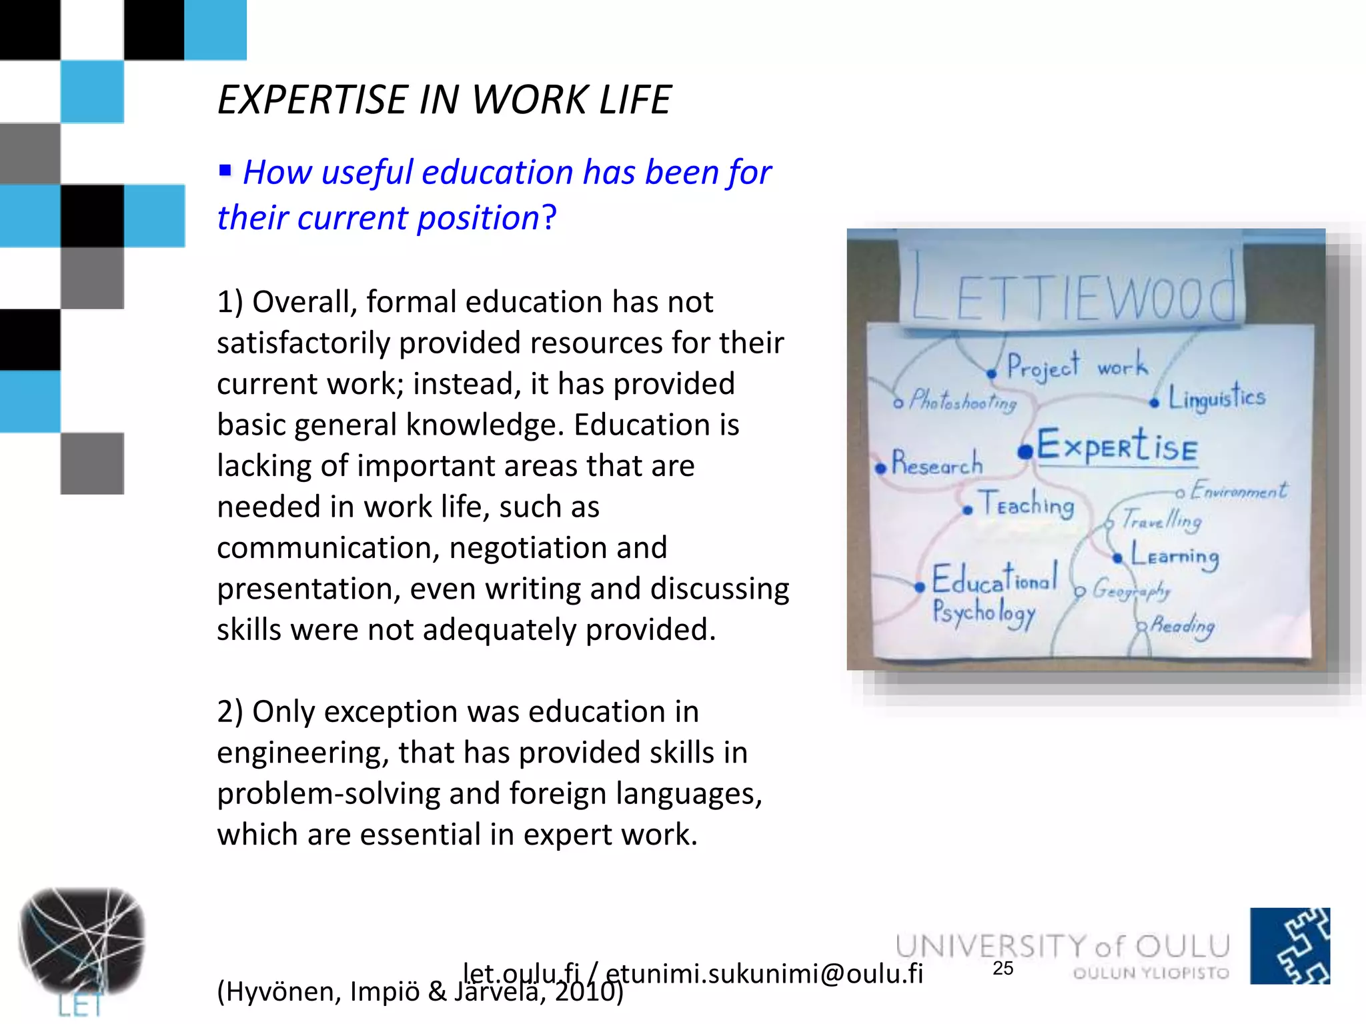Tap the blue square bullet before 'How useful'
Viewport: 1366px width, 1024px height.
[x=225, y=171]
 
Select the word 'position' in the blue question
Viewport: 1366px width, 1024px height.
[x=478, y=218]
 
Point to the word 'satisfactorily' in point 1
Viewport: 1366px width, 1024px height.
[x=303, y=343]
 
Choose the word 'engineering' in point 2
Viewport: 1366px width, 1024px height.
[x=303, y=753]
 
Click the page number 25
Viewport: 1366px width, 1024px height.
[x=1002, y=969]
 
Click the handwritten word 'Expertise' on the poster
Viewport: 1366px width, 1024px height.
[x=1117, y=446]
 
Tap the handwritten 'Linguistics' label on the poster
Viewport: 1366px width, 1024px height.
[x=1216, y=397]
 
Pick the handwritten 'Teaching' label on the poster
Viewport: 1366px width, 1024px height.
[x=1026, y=504]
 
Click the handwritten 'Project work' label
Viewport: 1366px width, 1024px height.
[x=1075, y=367]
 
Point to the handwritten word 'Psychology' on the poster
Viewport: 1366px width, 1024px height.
[x=983, y=613]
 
